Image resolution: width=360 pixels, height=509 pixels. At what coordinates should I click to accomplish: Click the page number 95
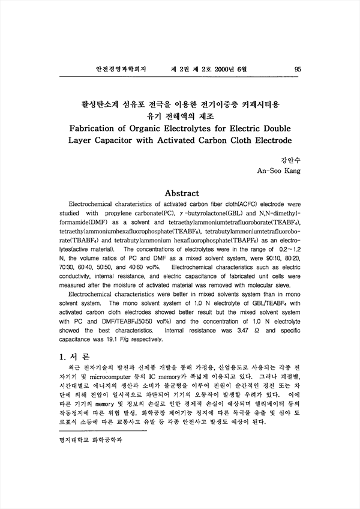[x=298, y=70]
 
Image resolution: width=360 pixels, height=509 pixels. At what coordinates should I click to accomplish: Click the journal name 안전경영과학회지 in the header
[x=116, y=70]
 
